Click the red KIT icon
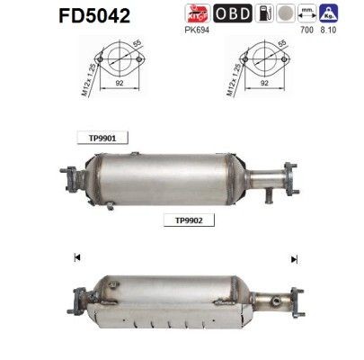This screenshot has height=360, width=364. (x=198, y=13)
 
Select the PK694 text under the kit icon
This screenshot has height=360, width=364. (x=198, y=29)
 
